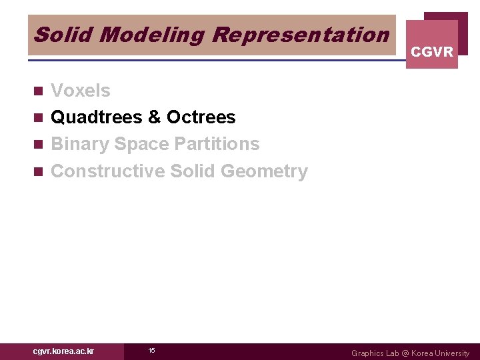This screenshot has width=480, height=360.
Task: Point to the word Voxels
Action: pos(81,91)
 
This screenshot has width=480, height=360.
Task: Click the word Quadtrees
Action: pos(96,117)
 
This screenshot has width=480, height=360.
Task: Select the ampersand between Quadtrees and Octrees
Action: pos(154,117)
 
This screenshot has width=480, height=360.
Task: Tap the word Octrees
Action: pos(201,117)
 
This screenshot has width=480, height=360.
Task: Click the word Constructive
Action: pos(107,171)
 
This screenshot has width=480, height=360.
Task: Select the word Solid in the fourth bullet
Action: pos(193,171)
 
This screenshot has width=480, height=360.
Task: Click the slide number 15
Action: pos(151,351)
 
